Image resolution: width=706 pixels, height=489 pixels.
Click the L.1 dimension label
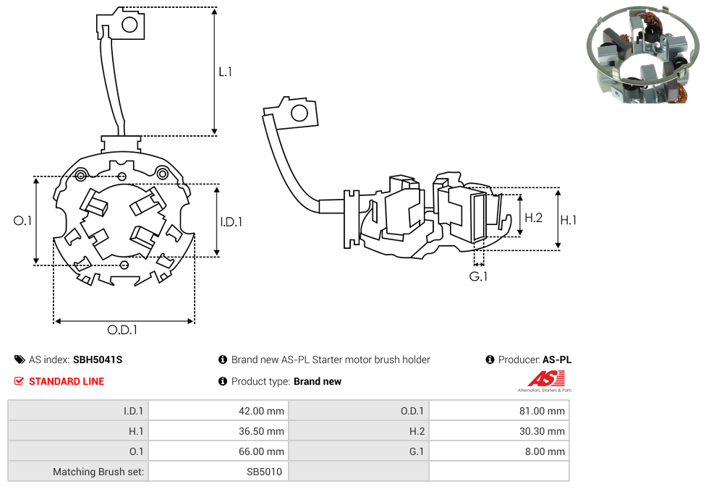point(225,72)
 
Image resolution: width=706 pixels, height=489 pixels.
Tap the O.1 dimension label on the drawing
point(23,221)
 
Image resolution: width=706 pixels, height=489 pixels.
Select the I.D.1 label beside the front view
point(231,222)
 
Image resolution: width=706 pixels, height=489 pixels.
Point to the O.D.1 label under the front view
point(122,330)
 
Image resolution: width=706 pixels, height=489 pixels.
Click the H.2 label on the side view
point(533,217)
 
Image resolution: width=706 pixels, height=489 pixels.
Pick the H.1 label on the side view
point(569,220)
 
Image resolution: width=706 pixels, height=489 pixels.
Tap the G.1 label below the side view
point(478,277)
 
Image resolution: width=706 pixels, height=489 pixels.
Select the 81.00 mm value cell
point(545,411)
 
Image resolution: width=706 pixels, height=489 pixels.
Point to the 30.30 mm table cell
point(545,431)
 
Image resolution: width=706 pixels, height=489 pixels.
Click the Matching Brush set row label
point(98,472)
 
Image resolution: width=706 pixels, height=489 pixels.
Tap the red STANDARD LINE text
point(67,381)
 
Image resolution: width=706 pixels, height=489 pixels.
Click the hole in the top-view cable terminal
point(130,25)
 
